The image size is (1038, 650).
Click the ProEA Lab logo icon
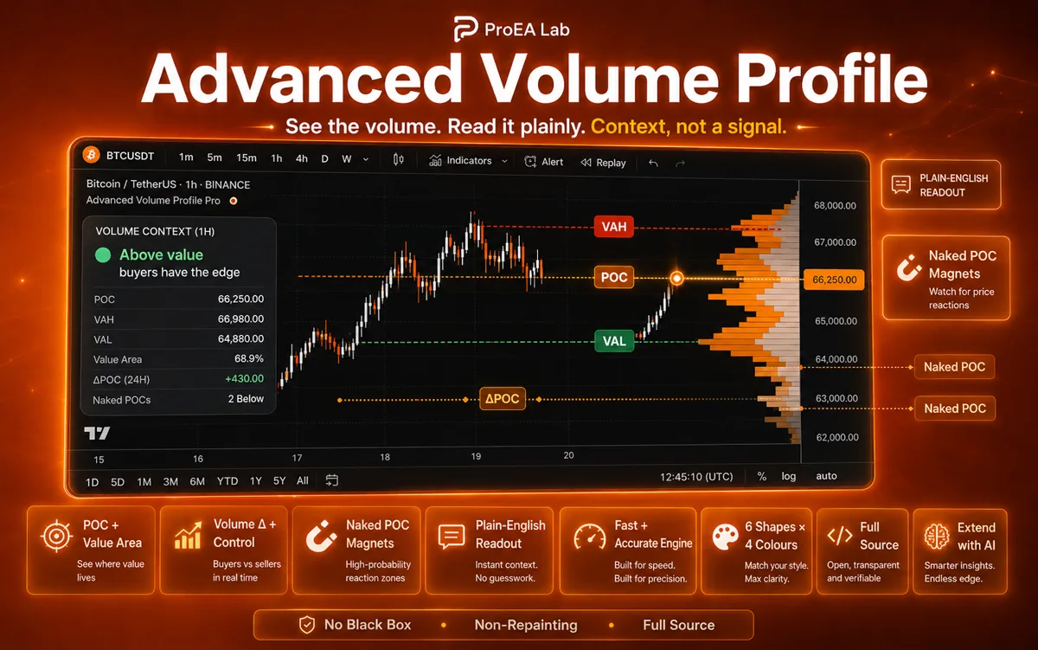(x=465, y=29)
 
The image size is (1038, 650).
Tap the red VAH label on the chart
(x=613, y=227)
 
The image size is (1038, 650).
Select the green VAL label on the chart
(x=614, y=341)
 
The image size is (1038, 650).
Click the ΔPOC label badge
(x=503, y=399)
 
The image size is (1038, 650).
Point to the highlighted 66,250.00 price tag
(x=834, y=280)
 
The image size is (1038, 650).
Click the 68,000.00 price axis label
(x=835, y=206)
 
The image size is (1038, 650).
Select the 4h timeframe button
(x=302, y=158)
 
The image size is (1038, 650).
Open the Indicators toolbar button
(x=468, y=161)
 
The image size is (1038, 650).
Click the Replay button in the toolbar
(x=603, y=163)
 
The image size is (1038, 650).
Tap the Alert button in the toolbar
(x=543, y=162)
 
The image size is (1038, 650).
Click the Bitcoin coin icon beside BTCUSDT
(x=92, y=154)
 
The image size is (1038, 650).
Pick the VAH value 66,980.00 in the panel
(x=240, y=319)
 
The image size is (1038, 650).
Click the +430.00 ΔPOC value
(x=244, y=379)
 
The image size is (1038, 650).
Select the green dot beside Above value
(x=103, y=255)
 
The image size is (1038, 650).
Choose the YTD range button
(x=227, y=481)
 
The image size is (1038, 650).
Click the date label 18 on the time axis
(x=385, y=457)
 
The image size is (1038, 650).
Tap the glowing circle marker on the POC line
(x=676, y=278)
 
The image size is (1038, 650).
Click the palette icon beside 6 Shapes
(x=725, y=537)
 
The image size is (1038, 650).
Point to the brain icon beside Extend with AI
(x=937, y=537)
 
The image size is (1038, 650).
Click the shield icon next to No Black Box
(x=307, y=625)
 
